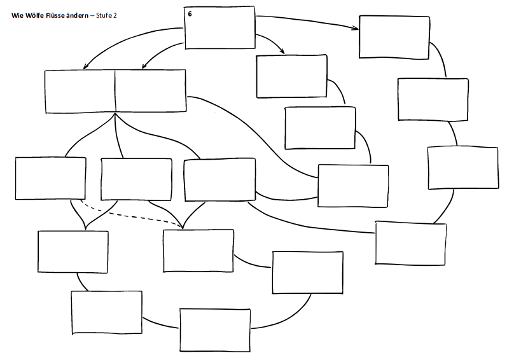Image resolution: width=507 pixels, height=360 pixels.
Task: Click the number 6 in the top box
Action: pos(190,13)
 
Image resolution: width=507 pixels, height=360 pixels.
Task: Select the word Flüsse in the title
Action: pos(53,14)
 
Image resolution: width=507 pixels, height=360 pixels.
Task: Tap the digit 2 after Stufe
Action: pos(116,14)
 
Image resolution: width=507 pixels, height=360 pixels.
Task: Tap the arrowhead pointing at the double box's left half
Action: pos(86,67)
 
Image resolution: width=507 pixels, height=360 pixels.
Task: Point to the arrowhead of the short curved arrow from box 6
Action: pos(282,52)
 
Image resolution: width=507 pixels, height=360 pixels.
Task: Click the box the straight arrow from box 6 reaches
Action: pos(394,38)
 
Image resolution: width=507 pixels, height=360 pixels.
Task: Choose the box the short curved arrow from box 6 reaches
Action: pos(291,76)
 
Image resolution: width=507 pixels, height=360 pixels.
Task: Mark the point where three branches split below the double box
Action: pos(115,115)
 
